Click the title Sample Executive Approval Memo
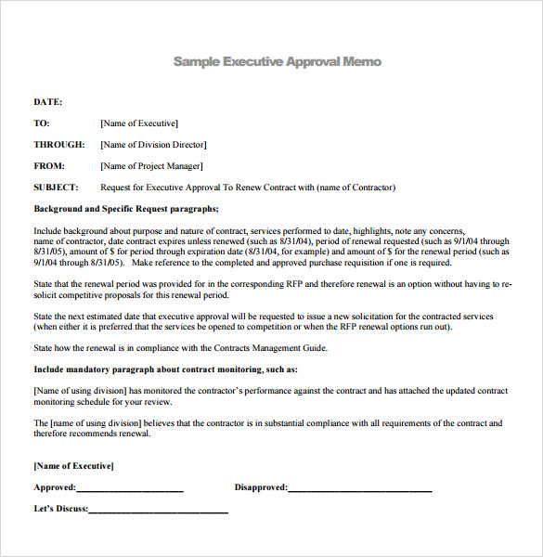click(x=277, y=61)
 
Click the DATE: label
click(x=48, y=102)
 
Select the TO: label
click(x=42, y=123)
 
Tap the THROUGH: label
click(x=59, y=145)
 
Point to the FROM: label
click(x=49, y=166)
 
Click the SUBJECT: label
click(x=56, y=188)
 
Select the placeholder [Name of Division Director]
click(x=153, y=145)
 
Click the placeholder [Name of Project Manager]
click(x=151, y=166)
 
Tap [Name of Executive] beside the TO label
click(x=139, y=123)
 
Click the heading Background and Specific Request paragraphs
click(x=126, y=209)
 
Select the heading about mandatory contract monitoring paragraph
click(x=165, y=369)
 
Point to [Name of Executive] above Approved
click(x=73, y=466)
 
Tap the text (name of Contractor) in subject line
click(x=356, y=188)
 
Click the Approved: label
click(x=55, y=487)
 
